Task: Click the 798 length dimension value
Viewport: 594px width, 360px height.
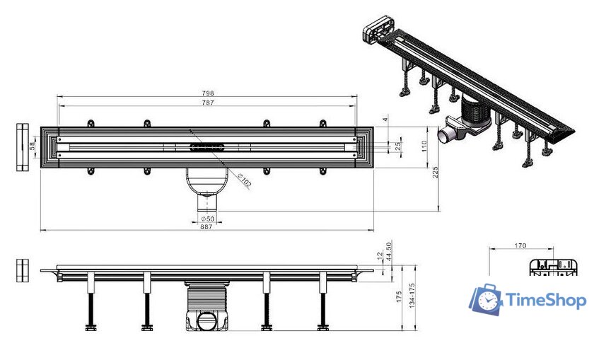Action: (208, 93)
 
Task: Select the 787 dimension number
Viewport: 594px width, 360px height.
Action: (208, 103)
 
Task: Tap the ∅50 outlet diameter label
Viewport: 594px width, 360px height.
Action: (207, 218)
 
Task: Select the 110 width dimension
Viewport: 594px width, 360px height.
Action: (426, 145)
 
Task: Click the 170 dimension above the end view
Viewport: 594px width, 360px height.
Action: (520, 247)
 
